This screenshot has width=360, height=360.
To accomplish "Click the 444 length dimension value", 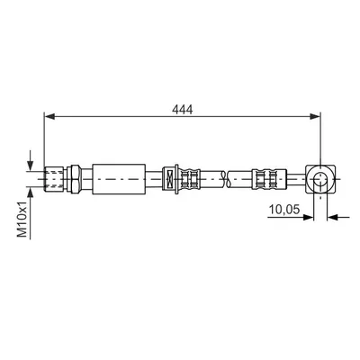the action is click(x=182, y=110).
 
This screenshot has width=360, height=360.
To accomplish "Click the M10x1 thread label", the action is click(x=22, y=220).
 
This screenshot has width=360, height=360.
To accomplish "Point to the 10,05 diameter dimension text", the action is click(x=284, y=210).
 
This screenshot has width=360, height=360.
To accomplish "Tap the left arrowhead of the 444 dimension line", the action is click(x=49, y=117).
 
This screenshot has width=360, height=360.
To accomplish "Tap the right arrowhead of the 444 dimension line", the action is click(x=315, y=117).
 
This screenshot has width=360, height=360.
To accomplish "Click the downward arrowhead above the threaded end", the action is click(x=30, y=166).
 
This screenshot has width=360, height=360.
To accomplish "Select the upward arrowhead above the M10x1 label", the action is click(x=30, y=193).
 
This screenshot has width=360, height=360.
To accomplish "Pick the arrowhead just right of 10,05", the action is click(x=308, y=217).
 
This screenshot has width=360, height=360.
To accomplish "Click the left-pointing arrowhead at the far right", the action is click(x=332, y=217).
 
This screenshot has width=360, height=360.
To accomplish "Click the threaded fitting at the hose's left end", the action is click(x=54, y=179).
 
